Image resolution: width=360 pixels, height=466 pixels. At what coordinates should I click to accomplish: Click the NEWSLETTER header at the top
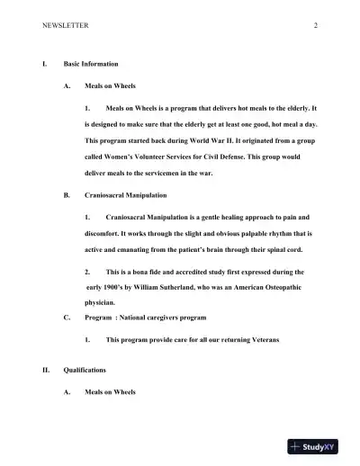65,25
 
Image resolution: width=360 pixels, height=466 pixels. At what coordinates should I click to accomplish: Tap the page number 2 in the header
316,25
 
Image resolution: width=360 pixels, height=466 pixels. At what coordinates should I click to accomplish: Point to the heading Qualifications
85,370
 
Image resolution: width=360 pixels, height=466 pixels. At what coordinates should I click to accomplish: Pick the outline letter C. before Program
67,318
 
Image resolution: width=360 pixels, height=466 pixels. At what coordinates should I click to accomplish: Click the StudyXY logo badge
319,446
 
